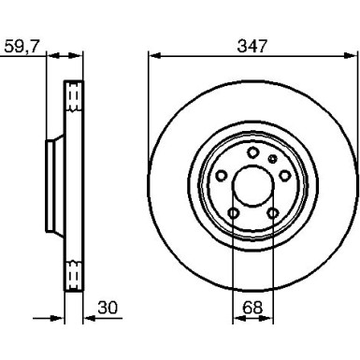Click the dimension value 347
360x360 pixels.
pyautogui.click(x=252, y=46)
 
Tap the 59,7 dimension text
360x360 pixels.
pyautogui.click(x=22, y=47)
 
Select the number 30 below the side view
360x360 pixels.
pyautogui.click(x=108, y=308)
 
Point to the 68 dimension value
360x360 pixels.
pyautogui.click(x=252, y=308)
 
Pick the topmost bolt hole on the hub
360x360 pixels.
pyautogui.click(x=252, y=152)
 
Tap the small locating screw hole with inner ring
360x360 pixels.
pyautogui.click(x=273, y=159)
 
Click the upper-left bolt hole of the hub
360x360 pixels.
pyautogui.click(x=222, y=176)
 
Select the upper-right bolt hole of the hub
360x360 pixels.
pyautogui.click(x=284, y=176)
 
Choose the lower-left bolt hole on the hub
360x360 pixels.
pyautogui.click(x=233, y=213)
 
